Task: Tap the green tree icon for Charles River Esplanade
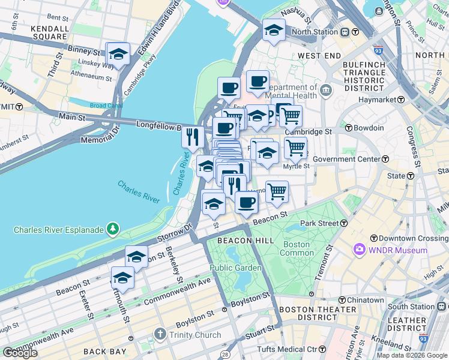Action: [x=112, y=229]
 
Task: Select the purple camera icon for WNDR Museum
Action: [x=359, y=249]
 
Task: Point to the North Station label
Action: [x=316, y=32]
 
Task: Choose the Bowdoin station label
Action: [x=369, y=128]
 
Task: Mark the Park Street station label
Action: [x=324, y=223]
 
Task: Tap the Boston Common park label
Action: [x=296, y=249]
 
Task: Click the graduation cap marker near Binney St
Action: [x=118, y=55]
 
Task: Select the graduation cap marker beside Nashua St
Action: [x=274, y=29]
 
